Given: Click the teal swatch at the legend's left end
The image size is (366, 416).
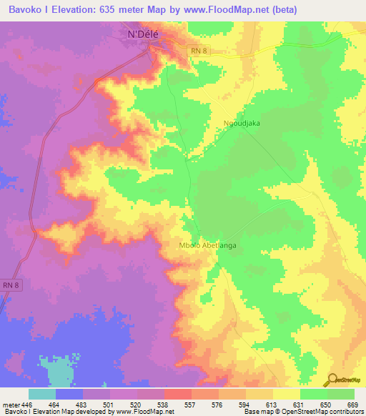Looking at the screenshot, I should (41, 394).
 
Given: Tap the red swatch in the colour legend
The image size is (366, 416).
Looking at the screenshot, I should (177, 394).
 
